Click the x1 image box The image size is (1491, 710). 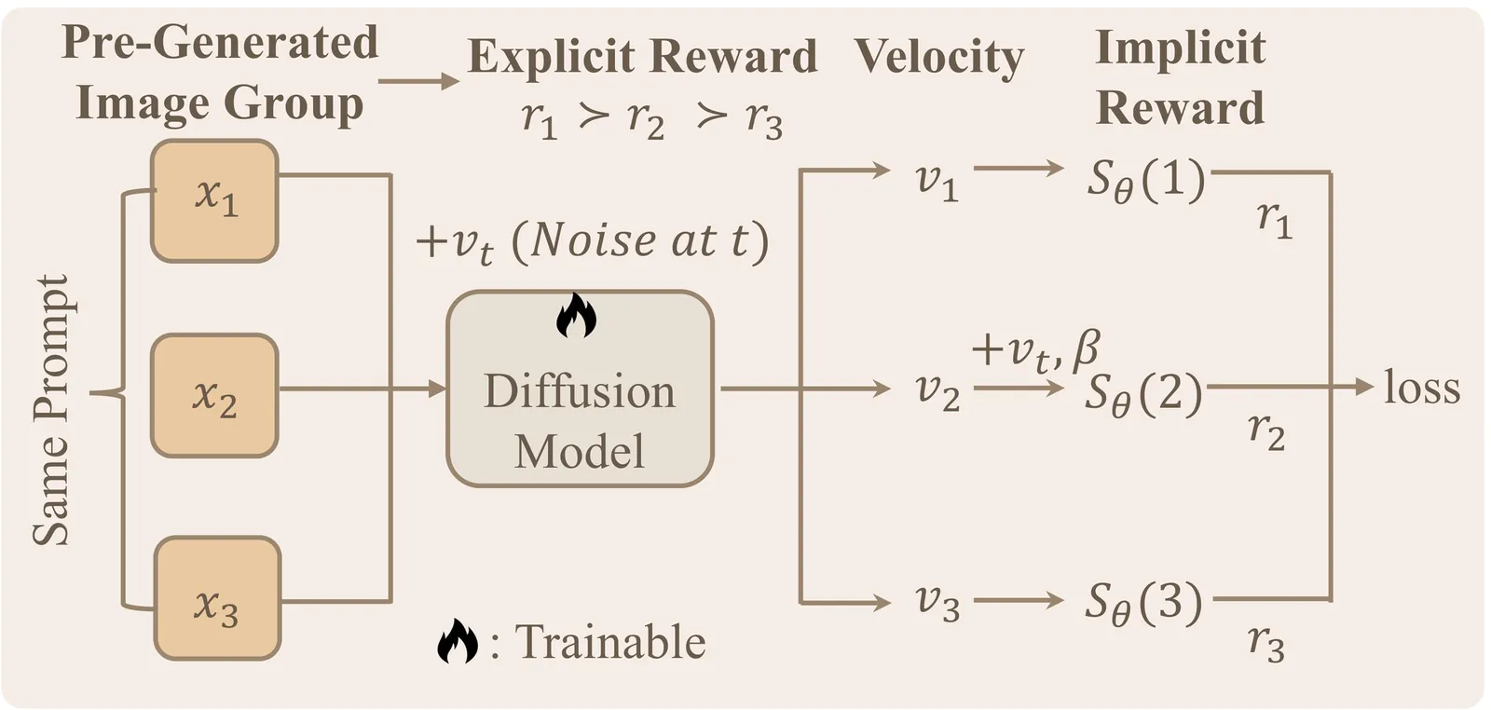214,200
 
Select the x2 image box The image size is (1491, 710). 214,395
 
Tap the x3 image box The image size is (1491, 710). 217,598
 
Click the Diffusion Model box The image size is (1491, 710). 580,389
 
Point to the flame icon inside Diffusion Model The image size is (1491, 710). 576,316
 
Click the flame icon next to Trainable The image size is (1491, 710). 457,641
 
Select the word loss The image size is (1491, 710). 1421,387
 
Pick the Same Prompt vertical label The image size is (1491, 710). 52,410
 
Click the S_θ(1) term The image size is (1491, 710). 1145,179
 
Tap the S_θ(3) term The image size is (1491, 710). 1143,603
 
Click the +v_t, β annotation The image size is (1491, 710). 1035,350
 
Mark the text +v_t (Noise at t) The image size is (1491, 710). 593,241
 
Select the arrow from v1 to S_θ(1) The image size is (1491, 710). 1018,169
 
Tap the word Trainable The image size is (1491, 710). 610,642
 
